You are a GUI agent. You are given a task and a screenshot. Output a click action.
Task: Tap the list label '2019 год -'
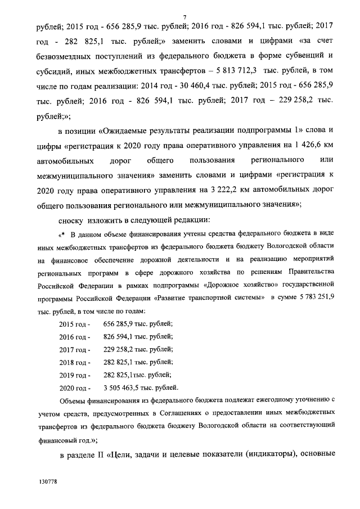point(74,375)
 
